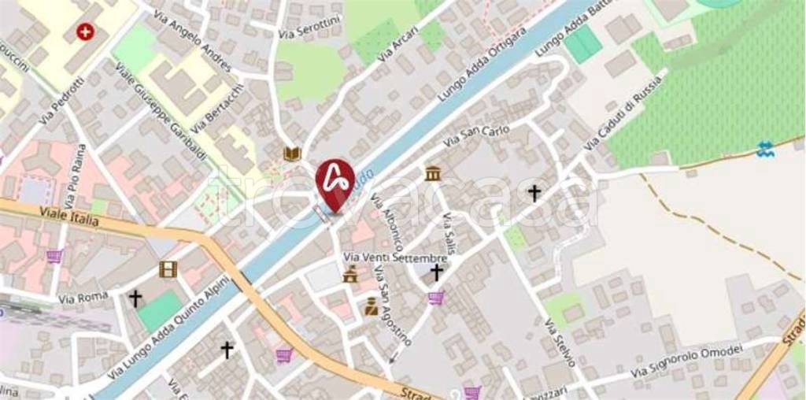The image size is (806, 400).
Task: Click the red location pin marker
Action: tap(335, 183)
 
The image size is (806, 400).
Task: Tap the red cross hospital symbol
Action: tap(83, 32)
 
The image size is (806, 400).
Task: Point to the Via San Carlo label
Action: tap(476, 135)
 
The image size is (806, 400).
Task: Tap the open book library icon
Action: tap(292, 153)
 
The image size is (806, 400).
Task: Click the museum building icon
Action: tap(432, 173)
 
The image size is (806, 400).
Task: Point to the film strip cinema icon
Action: tap(168, 269)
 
